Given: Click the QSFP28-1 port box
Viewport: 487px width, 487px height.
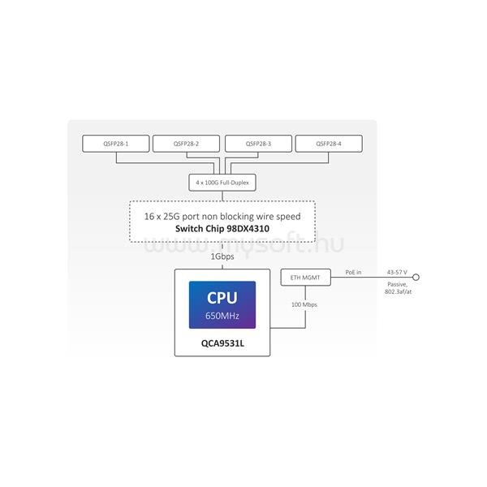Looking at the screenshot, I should click(116, 144).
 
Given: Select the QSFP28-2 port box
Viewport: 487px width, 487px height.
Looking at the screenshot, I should click(187, 144).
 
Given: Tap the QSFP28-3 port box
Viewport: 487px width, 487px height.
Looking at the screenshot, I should click(257, 144).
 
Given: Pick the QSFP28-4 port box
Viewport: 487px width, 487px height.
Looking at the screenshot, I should click(329, 144).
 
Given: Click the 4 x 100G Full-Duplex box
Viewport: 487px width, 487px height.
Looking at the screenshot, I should click(222, 183).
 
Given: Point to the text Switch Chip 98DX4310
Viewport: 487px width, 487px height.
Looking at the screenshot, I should click(222, 229).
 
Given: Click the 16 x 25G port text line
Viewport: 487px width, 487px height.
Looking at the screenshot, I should click(222, 217).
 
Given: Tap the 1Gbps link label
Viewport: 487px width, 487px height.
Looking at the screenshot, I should click(222, 256).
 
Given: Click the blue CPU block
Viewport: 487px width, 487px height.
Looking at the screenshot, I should click(222, 304).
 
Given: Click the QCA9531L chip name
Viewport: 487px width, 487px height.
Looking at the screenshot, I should click(222, 343).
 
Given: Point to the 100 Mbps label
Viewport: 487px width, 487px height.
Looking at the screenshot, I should click(305, 305).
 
